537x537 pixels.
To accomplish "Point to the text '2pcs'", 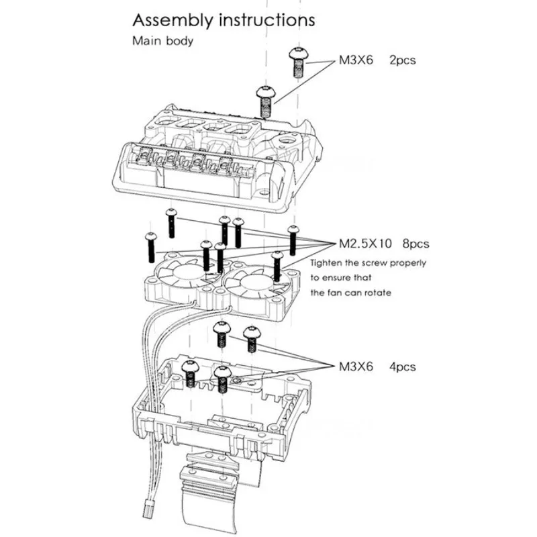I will (x=402, y=60).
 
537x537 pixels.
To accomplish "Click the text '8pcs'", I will (x=415, y=242).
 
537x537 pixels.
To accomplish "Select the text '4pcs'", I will (x=401, y=367).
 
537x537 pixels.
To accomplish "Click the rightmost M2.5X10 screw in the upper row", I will (x=293, y=239).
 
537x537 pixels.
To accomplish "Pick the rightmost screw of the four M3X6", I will (x=251, y=339).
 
